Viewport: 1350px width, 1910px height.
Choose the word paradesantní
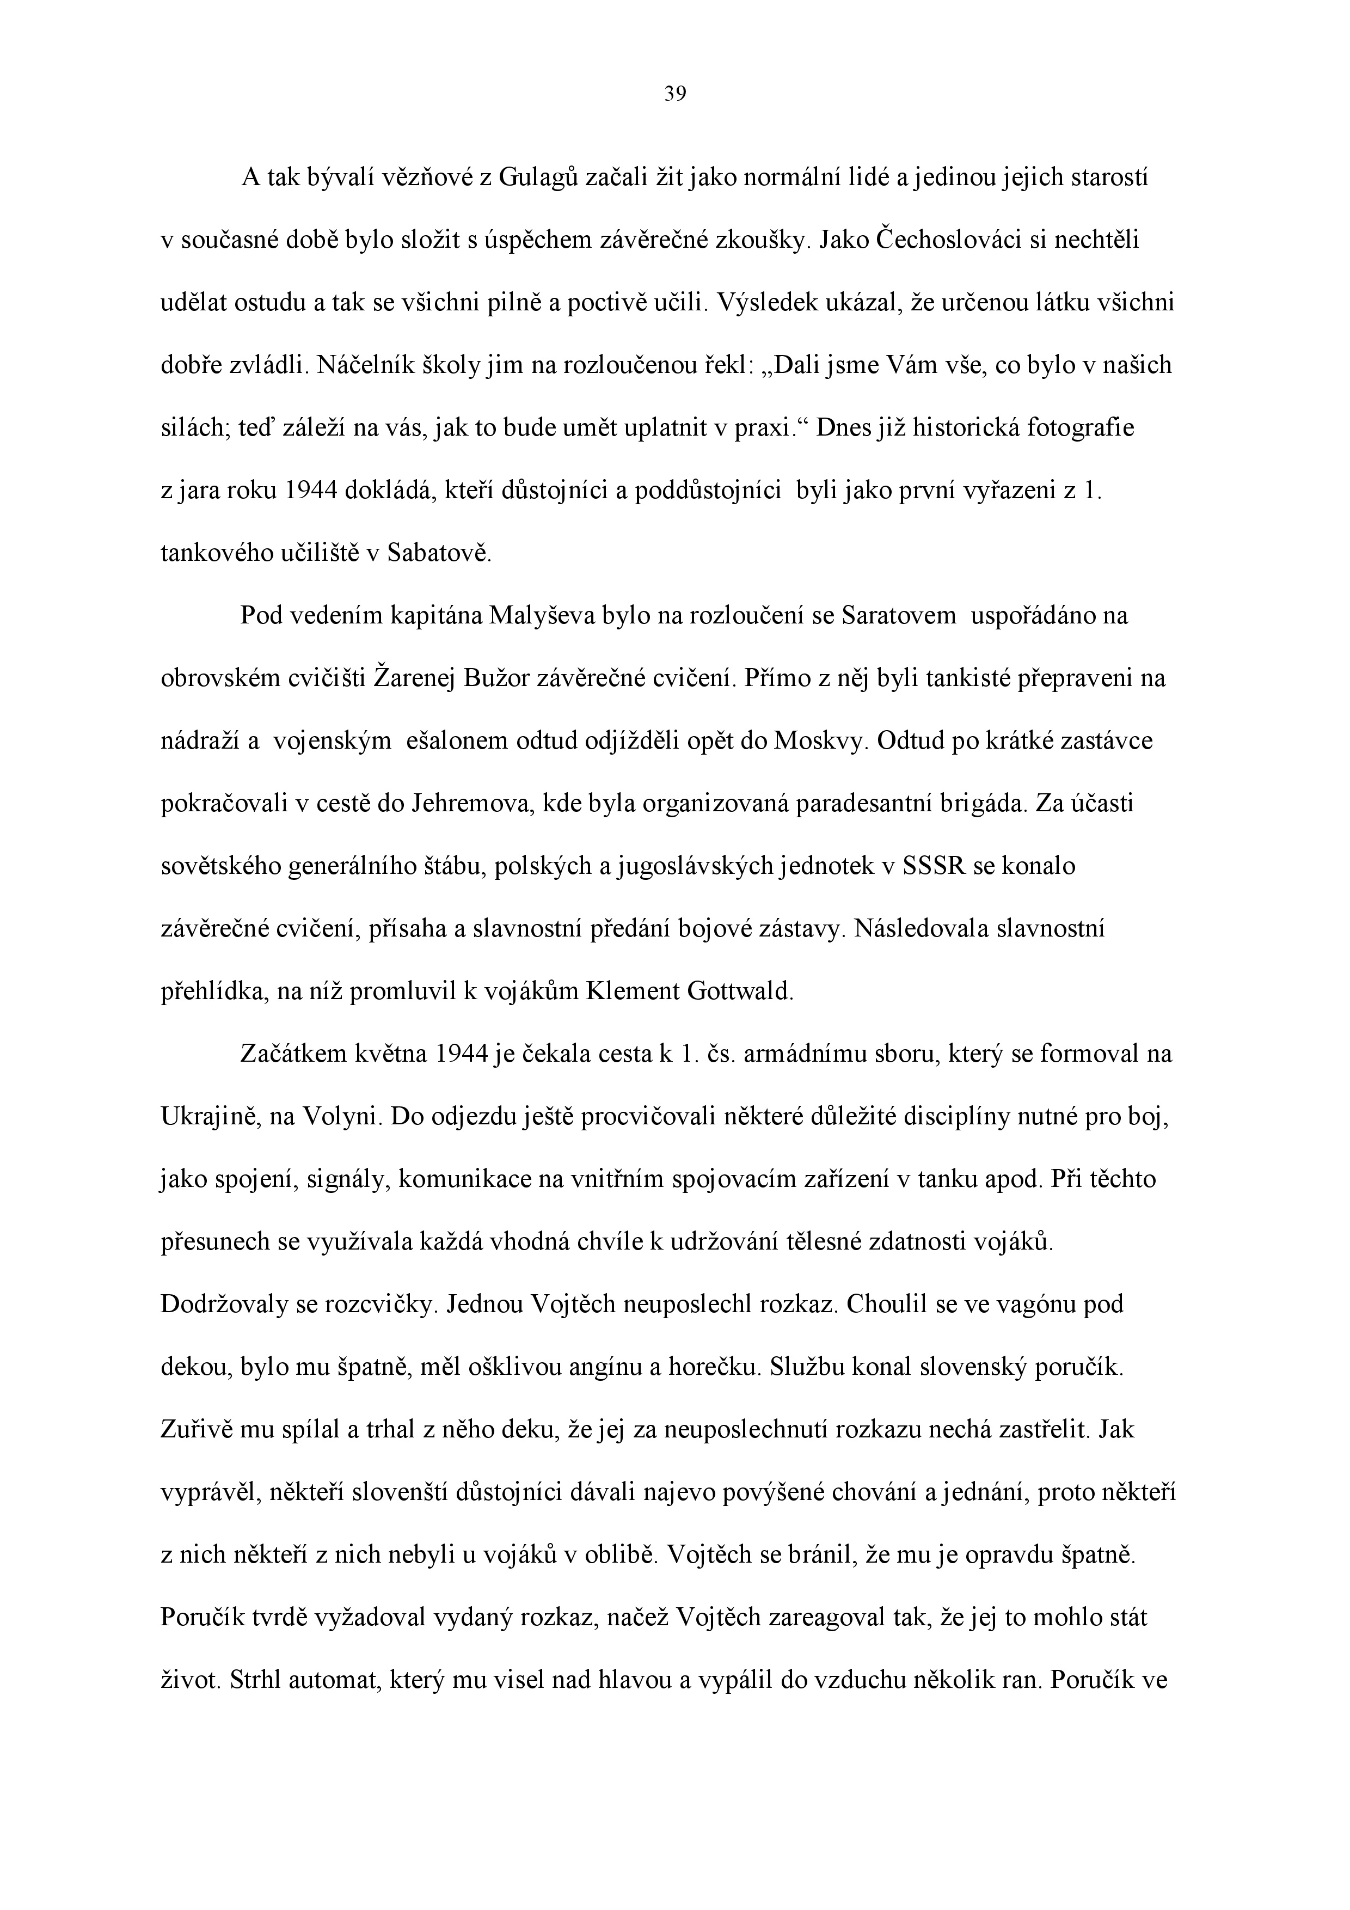[857, 804]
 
